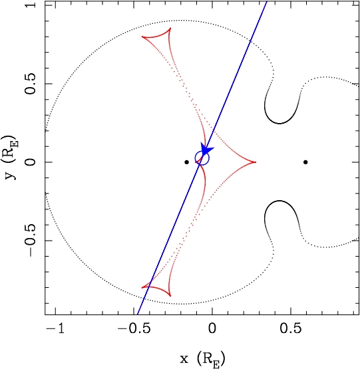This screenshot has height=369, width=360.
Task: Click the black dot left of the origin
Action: pyautogui.click(x=186, y=162)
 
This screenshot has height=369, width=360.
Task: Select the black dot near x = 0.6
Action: pyautogui.click(x=305, y=162)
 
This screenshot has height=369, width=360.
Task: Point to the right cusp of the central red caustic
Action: pyautogui.click(x=256, y=162)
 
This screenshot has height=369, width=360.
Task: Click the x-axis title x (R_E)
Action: pyautogui.click(x=202, y=359)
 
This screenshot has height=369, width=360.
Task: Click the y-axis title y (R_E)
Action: pyautogui.click(x=11, y=157)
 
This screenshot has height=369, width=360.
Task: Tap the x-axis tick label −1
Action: pyautogui.click(x=56, y=328)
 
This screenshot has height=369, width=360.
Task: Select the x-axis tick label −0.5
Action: pyautogui.click(x=134, y=328)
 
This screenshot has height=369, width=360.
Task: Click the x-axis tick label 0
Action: pyautogui.click(x=212, y=328)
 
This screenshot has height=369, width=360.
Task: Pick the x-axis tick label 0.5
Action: pyautogui.click(x=291, y=328)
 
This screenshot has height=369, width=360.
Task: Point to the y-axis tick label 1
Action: pyautogui.click(x=31, y=5)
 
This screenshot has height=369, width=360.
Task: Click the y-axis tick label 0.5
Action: pyautogui.click(x=31, y=84)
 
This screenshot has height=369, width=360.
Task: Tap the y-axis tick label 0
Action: pyautogui.click(x=31, y=162)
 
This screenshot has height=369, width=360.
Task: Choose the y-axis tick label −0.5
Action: pyautogui.click(x=31, y=240)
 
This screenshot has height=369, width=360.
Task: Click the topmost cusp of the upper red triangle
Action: pyautogui.click(x=170, y=28)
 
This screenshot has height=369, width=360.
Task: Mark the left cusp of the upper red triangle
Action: pyautogui.click(x=142, y=37)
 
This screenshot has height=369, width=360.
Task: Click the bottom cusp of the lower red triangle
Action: pyautogui.click(x=170, y=296)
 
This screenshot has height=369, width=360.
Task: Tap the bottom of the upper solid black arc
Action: pyautogui.click(x=279, y=124)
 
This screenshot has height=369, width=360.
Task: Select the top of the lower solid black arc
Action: pyautogui.click(x=279, y=201)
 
